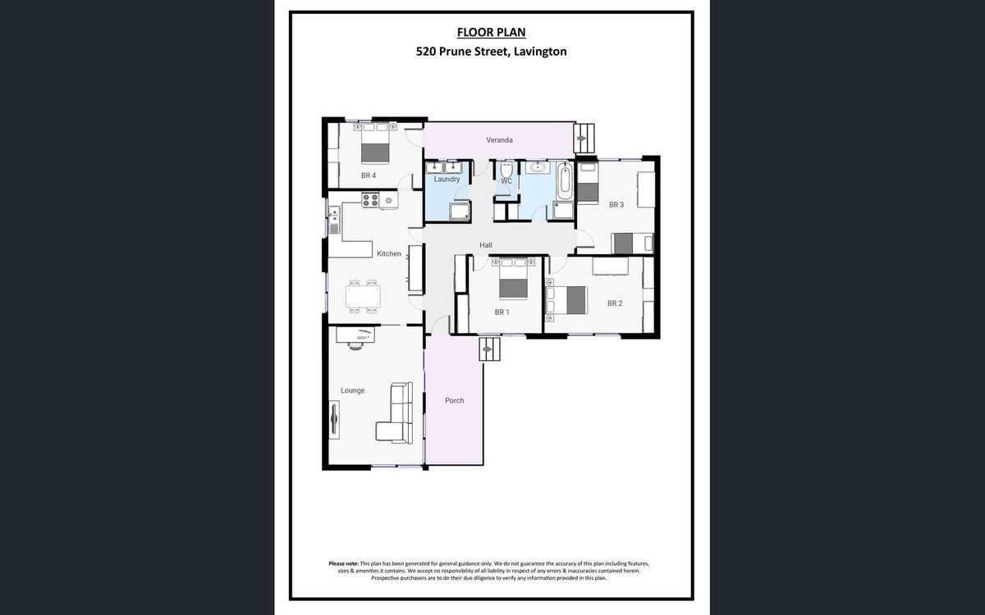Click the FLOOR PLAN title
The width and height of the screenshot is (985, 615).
tap(491, 32)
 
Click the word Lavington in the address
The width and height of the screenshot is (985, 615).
tap(540, 52)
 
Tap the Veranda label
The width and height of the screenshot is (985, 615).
tap(499, 139)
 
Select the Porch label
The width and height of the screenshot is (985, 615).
tap(454, 400)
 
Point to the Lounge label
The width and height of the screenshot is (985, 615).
tap(353, 390)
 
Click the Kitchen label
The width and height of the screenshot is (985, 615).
tap(389, 253)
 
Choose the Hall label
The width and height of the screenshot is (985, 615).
tap(485, 245)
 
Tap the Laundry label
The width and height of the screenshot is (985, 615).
tap(447, 180)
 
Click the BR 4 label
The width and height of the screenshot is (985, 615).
tap(369, 175)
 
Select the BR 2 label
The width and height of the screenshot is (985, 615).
tap(615, 303)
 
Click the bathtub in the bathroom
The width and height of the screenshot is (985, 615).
tap(565, 180)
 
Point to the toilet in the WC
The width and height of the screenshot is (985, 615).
tap(506, 170)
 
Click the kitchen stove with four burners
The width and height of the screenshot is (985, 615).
tap(370, 200)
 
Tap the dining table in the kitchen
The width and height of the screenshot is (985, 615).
tap(363, 297)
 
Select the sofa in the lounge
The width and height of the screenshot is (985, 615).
tap(395, 412)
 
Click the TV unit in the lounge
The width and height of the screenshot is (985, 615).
tap(335, 420)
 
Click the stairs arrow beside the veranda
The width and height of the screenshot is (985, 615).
tap(581, 138)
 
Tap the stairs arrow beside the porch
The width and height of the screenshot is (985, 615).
tap(487, 349)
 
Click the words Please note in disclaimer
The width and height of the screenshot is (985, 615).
tap(343, 563)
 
